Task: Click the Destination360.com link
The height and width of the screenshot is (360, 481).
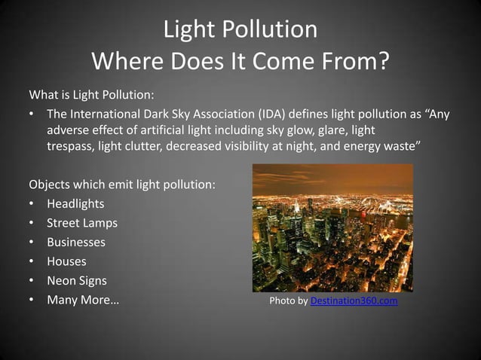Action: click(354, 302)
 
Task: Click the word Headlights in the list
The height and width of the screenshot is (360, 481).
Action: click(75, 204)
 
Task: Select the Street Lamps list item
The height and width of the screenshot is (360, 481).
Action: click(82, 223)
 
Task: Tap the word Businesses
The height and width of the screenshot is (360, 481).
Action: click(76, 243)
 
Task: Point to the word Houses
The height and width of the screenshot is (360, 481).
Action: click(66, 261)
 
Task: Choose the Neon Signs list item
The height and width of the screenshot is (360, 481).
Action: click(77, 281)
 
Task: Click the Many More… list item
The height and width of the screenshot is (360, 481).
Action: click(83, 301)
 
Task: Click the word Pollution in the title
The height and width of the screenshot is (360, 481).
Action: click(274, 30)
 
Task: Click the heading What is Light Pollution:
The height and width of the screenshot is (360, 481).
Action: click(91, 96)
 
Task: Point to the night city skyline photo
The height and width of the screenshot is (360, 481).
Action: click(332, 227)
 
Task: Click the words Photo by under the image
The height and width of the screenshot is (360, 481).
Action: click(289, 302)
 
